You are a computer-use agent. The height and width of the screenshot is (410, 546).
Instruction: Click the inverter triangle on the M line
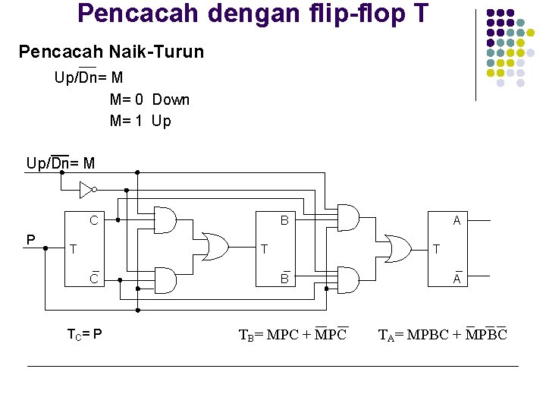(x=87, y=188)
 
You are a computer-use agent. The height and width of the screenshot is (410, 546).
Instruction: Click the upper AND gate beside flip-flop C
(x=165, y=220)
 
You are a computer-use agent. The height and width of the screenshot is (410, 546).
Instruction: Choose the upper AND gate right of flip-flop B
(x=348, y=219)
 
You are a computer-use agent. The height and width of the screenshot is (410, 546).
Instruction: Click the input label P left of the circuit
(x=30, y=240)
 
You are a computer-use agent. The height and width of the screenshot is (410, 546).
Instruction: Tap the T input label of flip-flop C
(x=73, y=249)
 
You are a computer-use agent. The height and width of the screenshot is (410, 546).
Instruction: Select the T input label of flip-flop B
(x=264, y=249)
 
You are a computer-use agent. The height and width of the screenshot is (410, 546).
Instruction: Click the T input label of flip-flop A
(x=436, y=249)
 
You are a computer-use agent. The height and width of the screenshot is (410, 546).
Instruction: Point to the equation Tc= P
(x=85, y=333)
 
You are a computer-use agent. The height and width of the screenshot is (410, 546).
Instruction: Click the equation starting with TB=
(x=293, y=333)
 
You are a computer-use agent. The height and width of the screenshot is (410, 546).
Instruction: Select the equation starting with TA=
(x=442, y=333)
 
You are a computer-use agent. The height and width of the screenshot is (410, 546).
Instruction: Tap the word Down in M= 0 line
(x=171, y=99)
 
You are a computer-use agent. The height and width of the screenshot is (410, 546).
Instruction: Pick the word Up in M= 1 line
(x=161, y=121)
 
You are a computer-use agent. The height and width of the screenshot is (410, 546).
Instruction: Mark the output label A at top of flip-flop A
(x=457, y=221)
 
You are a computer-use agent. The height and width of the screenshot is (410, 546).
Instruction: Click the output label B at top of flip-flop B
(x=284, y=221)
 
